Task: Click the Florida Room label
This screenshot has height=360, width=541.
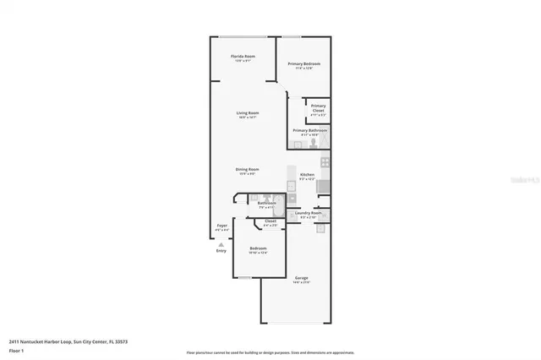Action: [x=243, y=57]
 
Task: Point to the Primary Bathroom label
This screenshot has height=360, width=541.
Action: [x=310, y=130]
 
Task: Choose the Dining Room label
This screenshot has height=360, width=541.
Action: [x=247, y=170]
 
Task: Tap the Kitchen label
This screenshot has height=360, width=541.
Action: [x=307, y=175]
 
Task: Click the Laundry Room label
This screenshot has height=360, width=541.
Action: [x=308, y=213]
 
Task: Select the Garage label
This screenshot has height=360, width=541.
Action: [x=301, y=278]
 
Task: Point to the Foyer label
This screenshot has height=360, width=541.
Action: [x=221, y=226]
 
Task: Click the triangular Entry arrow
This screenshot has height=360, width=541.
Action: [x=221, y=243]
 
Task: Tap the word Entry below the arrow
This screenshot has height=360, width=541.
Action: [x=221, y=250]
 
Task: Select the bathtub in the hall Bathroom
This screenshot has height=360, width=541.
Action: [x=272, y=210]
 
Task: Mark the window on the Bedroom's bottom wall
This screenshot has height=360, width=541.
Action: [x=244, y=278]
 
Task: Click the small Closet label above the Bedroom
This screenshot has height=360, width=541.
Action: [x=270, y=221]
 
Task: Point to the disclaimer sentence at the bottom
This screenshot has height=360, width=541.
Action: [x=270, y=352]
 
